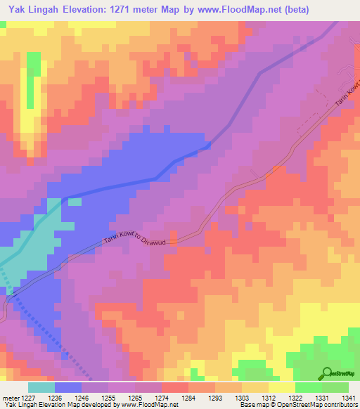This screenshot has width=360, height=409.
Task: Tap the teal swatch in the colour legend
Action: click(41, 387)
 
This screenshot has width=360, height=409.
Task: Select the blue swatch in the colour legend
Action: click(68, 387)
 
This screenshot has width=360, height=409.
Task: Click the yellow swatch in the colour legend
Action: click(282, 387)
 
